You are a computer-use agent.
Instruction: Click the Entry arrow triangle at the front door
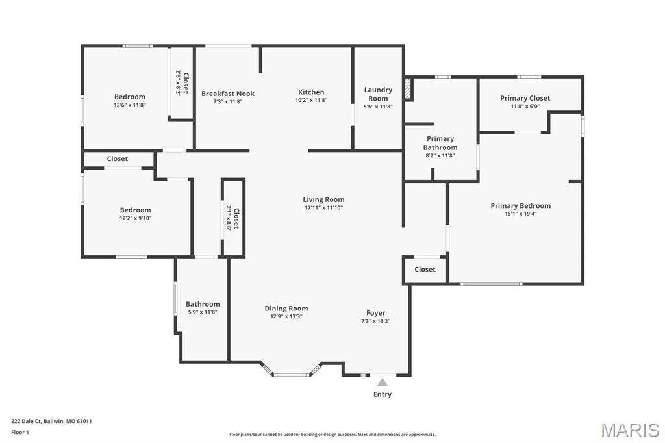click(383, 382)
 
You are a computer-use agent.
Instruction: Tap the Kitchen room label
click(311, 92)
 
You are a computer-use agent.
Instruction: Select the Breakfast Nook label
click(227, 94)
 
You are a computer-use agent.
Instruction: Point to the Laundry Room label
click(378, 94)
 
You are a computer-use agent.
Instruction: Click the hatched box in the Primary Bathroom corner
click(408, 90)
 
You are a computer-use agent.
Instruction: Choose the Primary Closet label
click(525, 98)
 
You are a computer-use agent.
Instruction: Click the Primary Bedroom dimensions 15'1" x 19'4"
click(521, 214)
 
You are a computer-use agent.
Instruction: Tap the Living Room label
click(323, 199)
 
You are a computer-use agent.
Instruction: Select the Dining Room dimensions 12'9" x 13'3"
click(286, 316)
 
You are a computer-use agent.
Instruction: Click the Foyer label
click(375, 313)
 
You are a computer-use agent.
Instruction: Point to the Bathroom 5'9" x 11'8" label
click(203, 304)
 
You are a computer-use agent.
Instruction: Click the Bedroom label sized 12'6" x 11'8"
click(130, 97)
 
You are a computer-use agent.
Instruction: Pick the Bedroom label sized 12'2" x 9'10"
click(135, 210)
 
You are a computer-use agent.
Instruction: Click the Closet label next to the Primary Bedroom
click(425, 269)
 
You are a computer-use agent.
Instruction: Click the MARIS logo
click(630, 430)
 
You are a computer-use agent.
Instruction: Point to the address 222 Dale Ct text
click(51, 421)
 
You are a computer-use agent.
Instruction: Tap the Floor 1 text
click(20, 432)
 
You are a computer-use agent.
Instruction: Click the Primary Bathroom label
click(440, 143)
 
